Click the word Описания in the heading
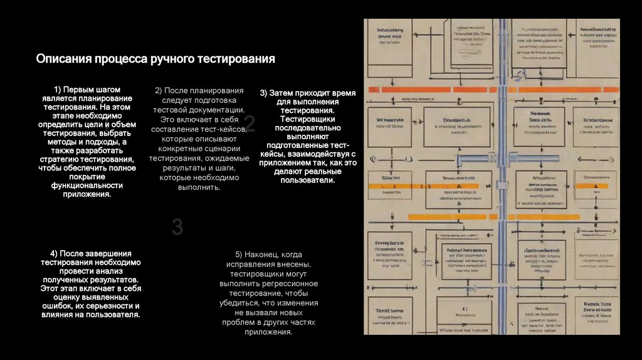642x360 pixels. coord(63,60)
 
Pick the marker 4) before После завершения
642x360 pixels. coord(55,253)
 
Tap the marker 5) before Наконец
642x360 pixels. coord(239,255)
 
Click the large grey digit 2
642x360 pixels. coord(250,124)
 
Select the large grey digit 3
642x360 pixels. coord(177,227)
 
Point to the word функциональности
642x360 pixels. coord(87,186)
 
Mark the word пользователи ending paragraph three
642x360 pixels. coord(307,180)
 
